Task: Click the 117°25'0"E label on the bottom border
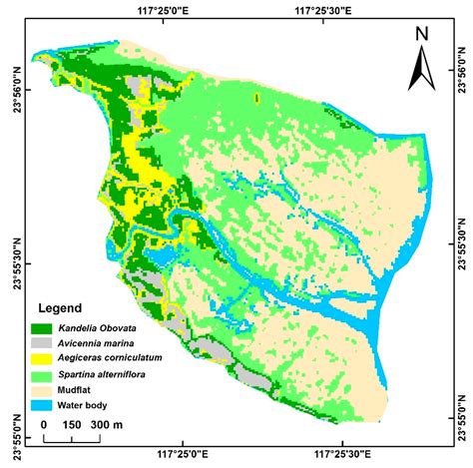click(x=182, y=459)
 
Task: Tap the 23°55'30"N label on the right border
click(x=460, y=236)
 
